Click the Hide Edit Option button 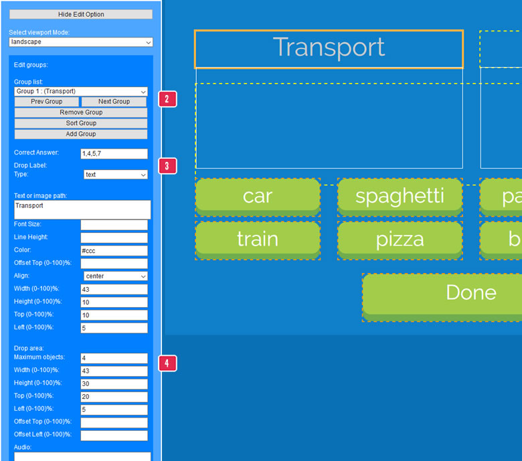click(x=81, y=14)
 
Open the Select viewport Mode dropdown click(x=81, y=42)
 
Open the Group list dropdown click(x=81, y=91)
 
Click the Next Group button click(x=114, y=102)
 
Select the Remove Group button click(x=81, y=112)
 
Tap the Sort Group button click(x=81, y=123)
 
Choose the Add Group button click(x=81, y=134)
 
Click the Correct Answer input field click(x=114, y=154)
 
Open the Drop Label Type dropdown click(x=116, y=175)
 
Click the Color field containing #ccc click(x=114, y=250)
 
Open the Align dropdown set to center click(x=116, y=276)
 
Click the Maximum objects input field click(x=114, y=359)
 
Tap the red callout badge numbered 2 click(x=167, y=100)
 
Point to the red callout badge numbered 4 click(x=167, y=363)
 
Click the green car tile click(x=258, y=196)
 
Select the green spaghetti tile click(x=400, y=196)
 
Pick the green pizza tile click(x=400, y=239)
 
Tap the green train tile click(x=258, y=239)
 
